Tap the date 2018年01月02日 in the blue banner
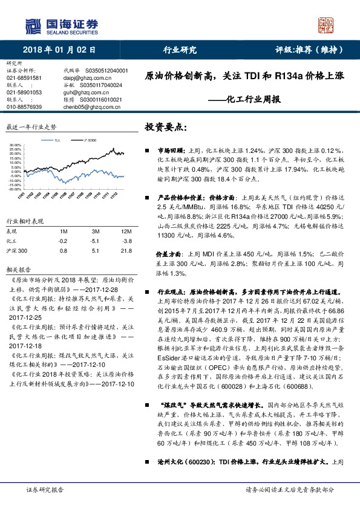tap(59, 51)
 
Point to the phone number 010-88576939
tap(24, 106)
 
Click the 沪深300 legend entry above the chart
tap(88, 140)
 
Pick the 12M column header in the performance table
tap(110, 231)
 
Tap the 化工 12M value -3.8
tap(110, 240)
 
